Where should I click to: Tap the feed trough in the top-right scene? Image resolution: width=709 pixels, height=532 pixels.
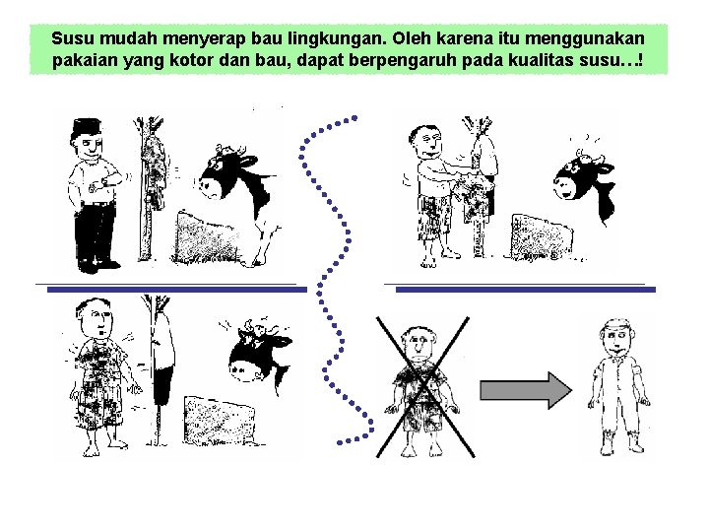click(541, 237)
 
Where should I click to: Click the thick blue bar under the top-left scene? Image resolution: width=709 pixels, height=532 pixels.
click(177, 290)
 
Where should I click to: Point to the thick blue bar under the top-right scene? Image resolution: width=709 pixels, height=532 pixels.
click(525, 290)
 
